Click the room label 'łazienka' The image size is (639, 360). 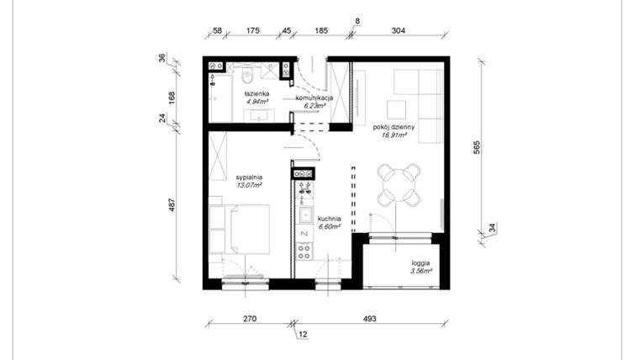click(x=256, y=93)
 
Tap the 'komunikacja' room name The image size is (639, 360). click(x=315, y=98)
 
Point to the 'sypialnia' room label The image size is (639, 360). click(x=250, y=177)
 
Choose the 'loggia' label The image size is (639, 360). click(x=420, y=262)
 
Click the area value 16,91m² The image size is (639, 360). click(x=393, y=135)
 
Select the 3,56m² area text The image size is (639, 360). click(x=420, y=271)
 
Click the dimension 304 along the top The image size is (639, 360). click(x=399, y=30)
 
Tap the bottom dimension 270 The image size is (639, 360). click(x=249, y=319)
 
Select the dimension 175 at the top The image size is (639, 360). click(x=251, y=30)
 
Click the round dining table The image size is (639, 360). click(x=399, y=184)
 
